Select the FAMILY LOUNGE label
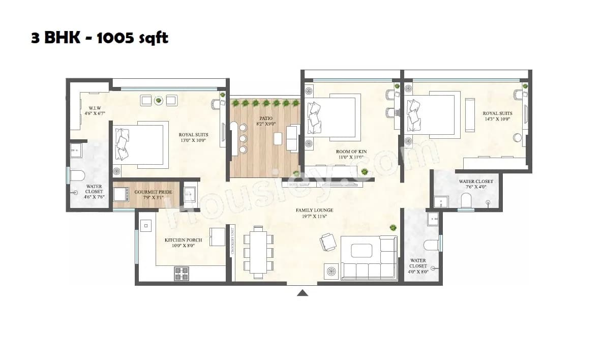pos(314,210)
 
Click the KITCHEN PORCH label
pos(183,240)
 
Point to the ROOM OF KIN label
pos(350,152)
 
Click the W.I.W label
pos(95,108)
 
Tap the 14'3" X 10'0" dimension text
pos(497,119)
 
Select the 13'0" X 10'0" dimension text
pos(193,140)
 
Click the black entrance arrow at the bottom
pos(303,292)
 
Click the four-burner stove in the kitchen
pos(182,273)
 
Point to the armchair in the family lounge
pos(327,241)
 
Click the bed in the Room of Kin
pos(330,116)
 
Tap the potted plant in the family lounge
pos(393,228)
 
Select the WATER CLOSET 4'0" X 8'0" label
pos(418,266)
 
